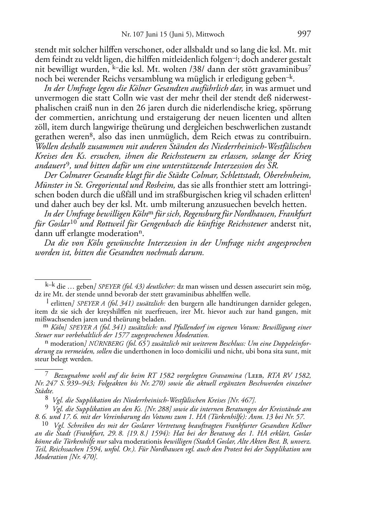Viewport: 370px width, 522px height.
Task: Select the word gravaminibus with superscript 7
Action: pyautogui.click(x=287, y=69)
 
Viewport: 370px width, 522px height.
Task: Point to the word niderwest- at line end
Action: pyautogui.click(x=294, y=98)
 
